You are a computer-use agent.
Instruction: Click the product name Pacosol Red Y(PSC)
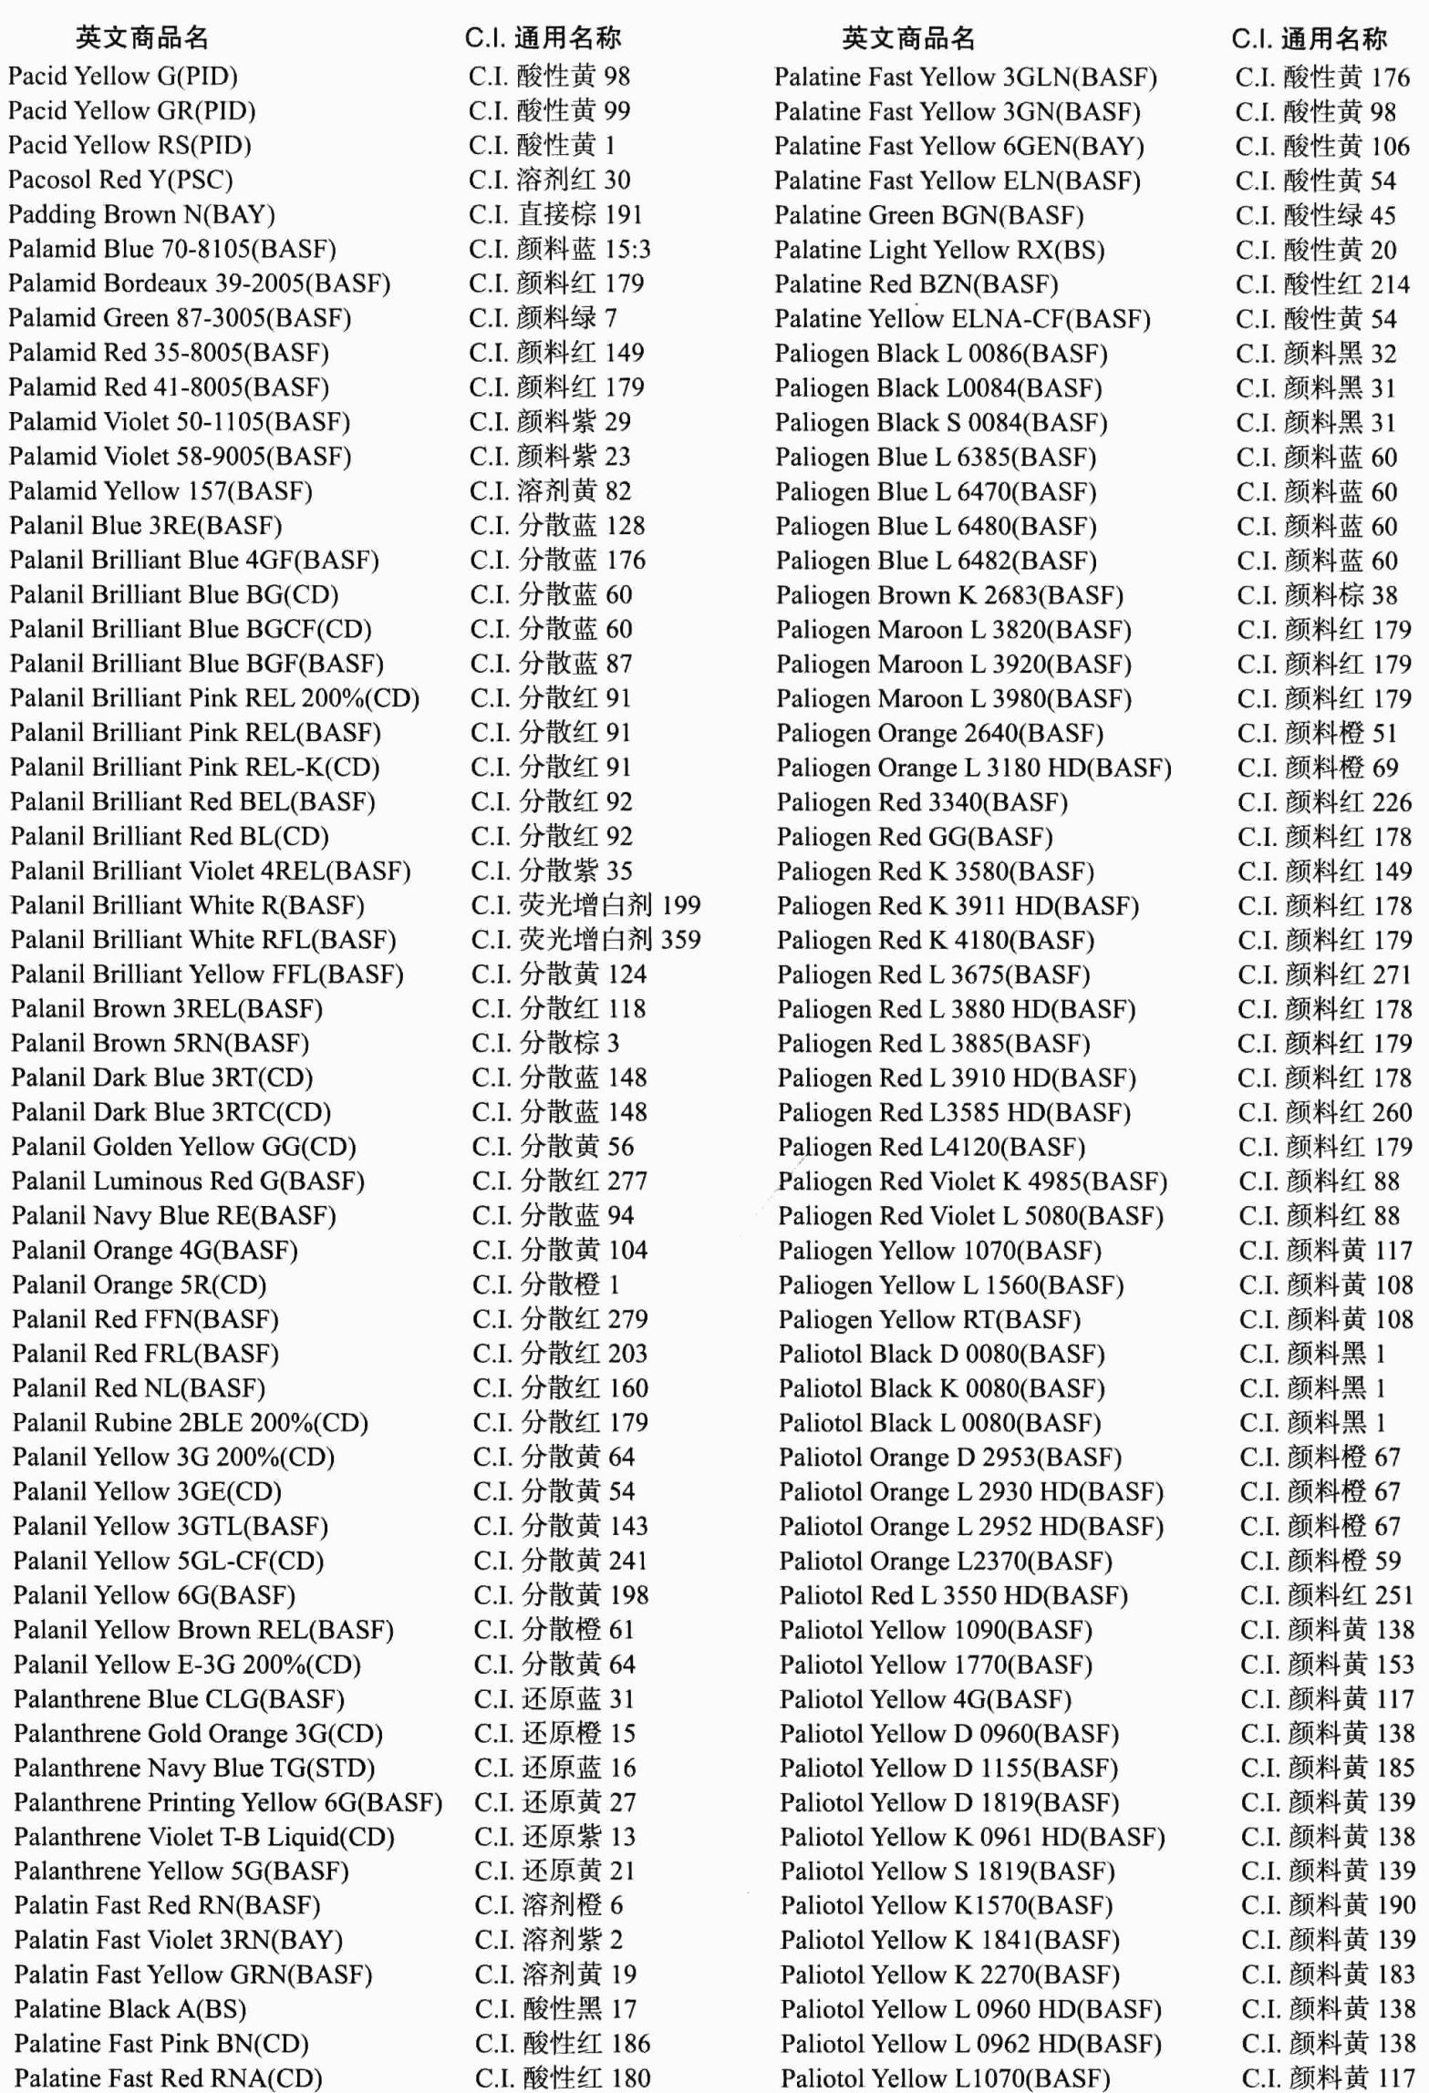[120, 180]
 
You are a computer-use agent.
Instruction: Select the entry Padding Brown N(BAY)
[141, 214]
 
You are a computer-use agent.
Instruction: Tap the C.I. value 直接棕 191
[555, 214]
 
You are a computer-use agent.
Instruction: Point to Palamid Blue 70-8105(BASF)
[171, 249]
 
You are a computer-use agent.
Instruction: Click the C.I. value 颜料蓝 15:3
[559, 249]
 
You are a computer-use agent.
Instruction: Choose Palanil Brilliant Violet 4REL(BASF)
[210, 871]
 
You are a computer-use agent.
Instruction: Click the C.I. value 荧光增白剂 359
[585, 939]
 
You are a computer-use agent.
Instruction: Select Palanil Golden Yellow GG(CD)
[183, 1146]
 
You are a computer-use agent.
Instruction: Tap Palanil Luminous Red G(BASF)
[188, 1181]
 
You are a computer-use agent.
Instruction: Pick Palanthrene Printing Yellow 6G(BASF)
[227, 1801]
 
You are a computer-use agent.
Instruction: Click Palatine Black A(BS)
[129, 2008]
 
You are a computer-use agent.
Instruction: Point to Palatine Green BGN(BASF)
[928, 215]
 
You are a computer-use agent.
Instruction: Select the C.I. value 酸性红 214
[1322, 284]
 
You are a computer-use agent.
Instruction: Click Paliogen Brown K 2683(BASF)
[948, 595]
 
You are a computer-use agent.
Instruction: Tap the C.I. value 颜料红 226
[1324, 802]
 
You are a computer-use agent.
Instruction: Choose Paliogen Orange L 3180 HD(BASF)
[973, 768]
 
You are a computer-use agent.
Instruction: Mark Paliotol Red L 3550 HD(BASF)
[953, 1595]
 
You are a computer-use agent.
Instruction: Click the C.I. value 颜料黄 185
[1327, 1768]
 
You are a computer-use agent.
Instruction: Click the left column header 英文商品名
[142, 37]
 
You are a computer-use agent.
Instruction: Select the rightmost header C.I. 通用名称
[1309, 38]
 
